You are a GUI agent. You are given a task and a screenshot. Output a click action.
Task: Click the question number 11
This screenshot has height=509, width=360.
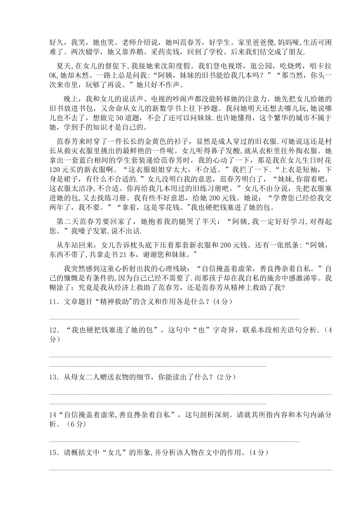[53, 302]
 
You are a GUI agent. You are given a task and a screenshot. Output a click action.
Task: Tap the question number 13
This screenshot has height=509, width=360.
[53, 377]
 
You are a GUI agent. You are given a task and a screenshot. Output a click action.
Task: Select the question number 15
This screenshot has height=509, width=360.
[53, 453]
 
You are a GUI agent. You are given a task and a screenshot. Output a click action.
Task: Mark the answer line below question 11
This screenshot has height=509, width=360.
[174, 319]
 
